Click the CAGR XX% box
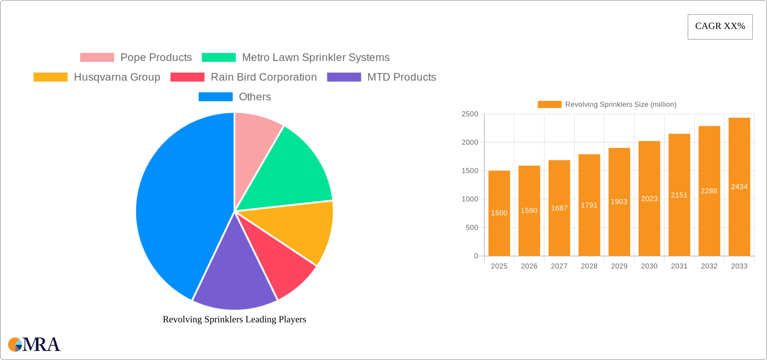[x=720, y=27]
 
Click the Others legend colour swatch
[x=215, y=97]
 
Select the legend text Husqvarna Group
[x=117, y=77]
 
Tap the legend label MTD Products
[x=401, y=77]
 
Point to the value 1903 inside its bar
[x=619, y=202]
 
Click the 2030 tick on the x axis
[x=649, y=266]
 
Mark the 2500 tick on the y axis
[x=470, y=114]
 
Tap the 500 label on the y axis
[x=472, y=228]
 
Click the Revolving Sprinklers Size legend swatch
[x=549, y=105]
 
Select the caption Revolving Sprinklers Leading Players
[x=234, y=319]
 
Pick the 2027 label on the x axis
[x=559, y=266]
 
